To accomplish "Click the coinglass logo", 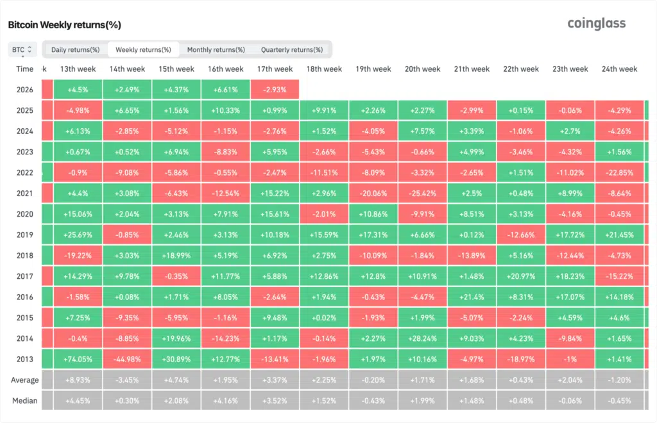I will point(596,24).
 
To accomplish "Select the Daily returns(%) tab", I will point(75,49).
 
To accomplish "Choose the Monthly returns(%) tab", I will point(216,49).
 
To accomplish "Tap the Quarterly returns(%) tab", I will point(292,49).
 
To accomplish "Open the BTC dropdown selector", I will point(22,49).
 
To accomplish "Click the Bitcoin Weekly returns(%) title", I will point(64,25).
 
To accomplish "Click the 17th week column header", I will point(275,69).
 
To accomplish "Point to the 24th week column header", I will point(619,69).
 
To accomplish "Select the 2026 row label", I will point(25,89).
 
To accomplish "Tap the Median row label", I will point(25,401).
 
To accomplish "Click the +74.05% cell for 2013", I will point(78,360).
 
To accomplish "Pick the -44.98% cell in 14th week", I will point(127,360).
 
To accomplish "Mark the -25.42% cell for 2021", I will point(422,194).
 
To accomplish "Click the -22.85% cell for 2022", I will point(619,173).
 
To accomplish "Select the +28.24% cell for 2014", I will point(422,339).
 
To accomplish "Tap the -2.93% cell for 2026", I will point(275,89).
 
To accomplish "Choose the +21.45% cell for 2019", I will point(619,235).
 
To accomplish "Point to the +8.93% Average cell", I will point(78,380).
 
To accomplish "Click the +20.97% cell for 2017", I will point(520,277).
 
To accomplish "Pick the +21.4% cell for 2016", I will point(472,297).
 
